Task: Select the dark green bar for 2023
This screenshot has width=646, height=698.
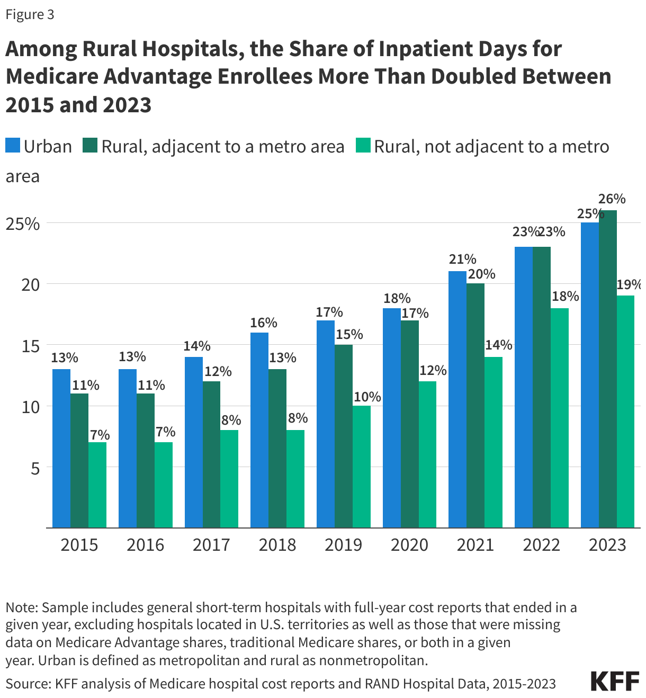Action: pyautogui.click(x=608, y=369)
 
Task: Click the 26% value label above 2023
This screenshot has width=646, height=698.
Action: pyautogui.click(x=612, y=199)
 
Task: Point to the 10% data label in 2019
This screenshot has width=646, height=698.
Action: pyautogui.click(x=367, y=397)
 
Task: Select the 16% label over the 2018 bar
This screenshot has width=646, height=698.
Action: pyautogui.click(x=264, y=323)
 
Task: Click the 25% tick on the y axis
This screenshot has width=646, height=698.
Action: pyautogui.click(x=23, y=224)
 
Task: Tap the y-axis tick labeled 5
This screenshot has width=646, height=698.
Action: pyautogui.click(x=35, y=468)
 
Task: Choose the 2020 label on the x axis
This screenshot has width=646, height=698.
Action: pyautogui.click(x=409, y=545)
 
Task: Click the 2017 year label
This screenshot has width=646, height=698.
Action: pyautogui.click(x=211, y=545)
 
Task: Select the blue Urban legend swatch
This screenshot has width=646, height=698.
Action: pyautogui.click(x=13, y=146)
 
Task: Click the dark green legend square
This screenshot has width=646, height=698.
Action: pyautogui.click(x=90, y=146)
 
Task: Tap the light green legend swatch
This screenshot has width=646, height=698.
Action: pyautogui.click(x=363, y=146)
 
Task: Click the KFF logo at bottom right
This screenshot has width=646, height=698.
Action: pyautogui.click(x=614, y=681)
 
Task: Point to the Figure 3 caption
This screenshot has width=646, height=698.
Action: pyautogui.click(x=30, y=14)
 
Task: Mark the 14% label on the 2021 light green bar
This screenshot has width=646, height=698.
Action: pyautogui.click(x=499, y=345)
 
